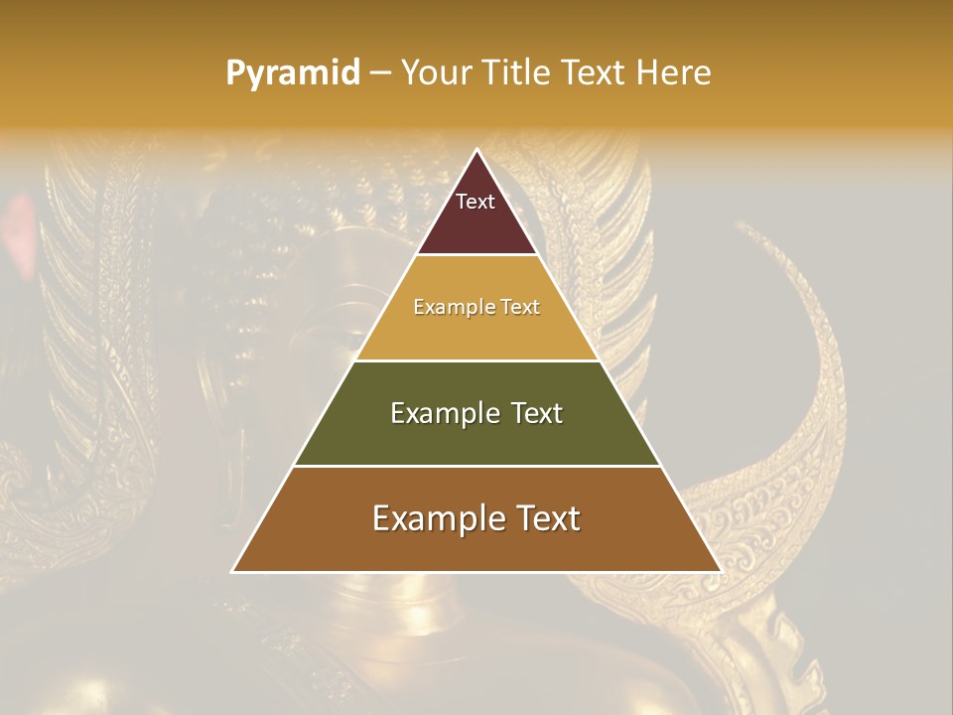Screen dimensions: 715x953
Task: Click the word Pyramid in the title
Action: point(292,73)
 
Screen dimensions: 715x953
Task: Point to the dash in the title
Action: point(380,73)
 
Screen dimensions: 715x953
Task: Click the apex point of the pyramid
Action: point(476,151)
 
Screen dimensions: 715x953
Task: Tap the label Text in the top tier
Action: point(476,202)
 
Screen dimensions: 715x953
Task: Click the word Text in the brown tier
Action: point(547,518)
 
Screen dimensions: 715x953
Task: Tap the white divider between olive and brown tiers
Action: point(476,466)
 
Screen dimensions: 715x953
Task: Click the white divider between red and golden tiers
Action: point(476,255)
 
